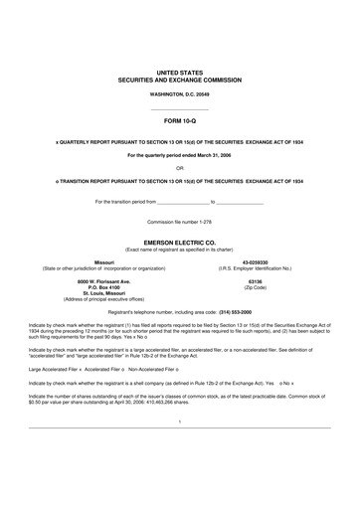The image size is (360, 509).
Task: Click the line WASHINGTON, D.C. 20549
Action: click(x=179, y=92)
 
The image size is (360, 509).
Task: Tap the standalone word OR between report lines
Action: click(x=179, y=167)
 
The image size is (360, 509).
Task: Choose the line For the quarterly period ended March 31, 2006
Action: click(x=179, y=156)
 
